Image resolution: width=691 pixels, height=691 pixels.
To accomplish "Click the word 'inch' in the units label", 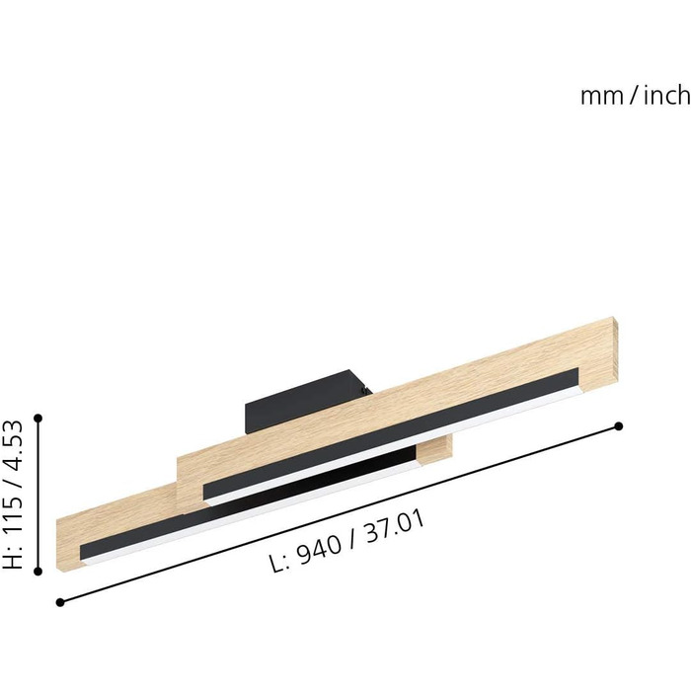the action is pyautogui.click(x=667, y=95).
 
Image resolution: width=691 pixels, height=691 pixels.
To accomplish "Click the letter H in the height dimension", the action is pyautogui.click(x=13, y=559).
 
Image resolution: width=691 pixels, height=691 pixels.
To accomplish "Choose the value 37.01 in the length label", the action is pyautogui.click(x=395, y=527).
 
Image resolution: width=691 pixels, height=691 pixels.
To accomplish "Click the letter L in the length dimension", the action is pyautogui.click(x=277, y=564).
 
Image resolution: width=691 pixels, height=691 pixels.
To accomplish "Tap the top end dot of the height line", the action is pyautogui.click(x=38, y=418).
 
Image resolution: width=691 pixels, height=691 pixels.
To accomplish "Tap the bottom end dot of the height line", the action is pyautogui.click(x=38, y=572).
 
